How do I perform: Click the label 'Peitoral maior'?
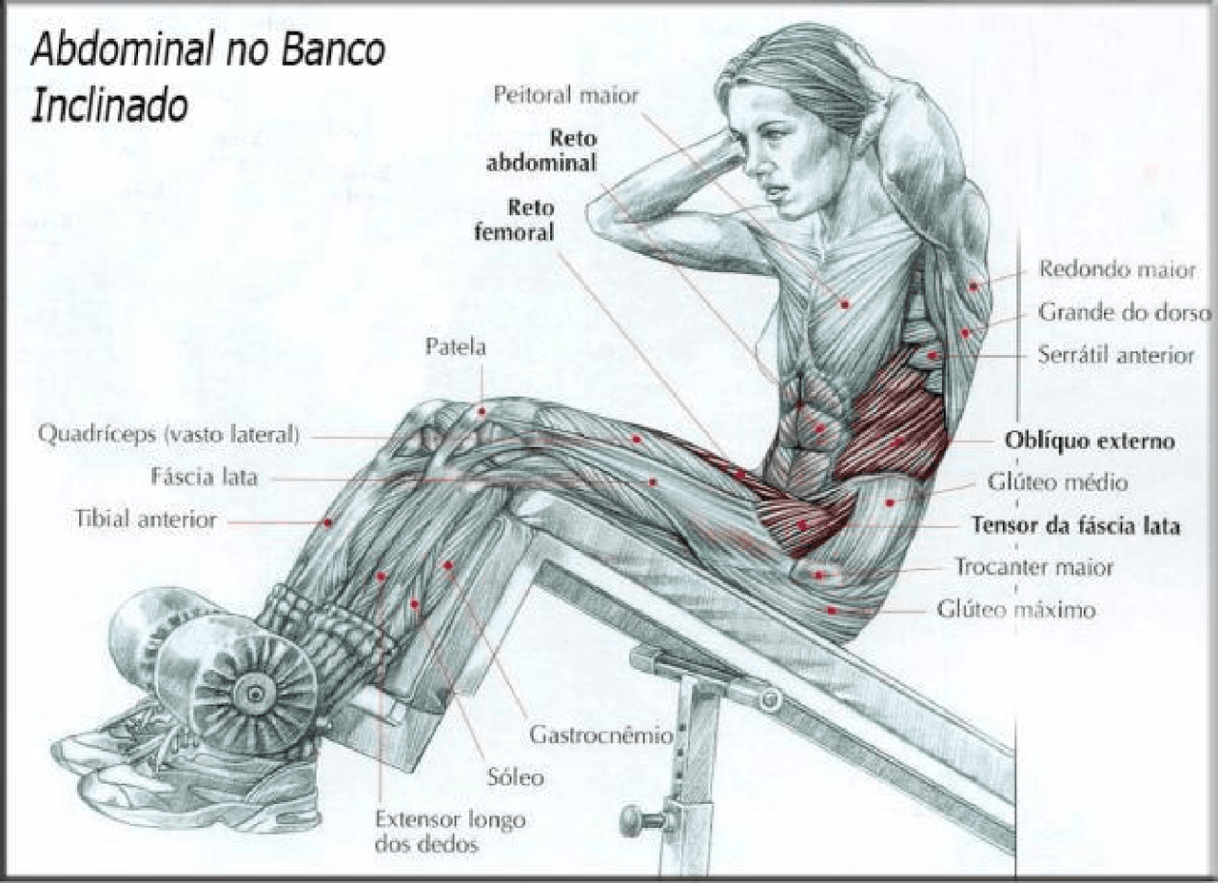pyautogui.click(x=566, y=96)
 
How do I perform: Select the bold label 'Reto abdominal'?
pyautogui.click(x=541, y=150)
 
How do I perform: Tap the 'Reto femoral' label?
pyautogui.click(x=515, y=220)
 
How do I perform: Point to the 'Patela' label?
pyautogui.click(x=455, y=347)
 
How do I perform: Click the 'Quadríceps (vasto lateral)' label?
pyautogui.click(x=169, y=435)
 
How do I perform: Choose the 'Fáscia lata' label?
pyautogui.click(x=204, y=478)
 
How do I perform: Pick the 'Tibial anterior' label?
pyautogui.click(x=146, y=520)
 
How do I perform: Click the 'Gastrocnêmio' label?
pyautogui.click(x=601, y=736)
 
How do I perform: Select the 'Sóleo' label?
pyautogui.click(x=516, y=777)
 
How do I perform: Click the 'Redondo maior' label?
pyautogui.click(x=1117, y=269)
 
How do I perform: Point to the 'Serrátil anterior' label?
pyautogui.click(x=1116, y=355)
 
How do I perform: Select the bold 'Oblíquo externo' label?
pyautogui.click(x=1090, y=441)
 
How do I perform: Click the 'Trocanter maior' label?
pyautogui.click(x=1034, y=567)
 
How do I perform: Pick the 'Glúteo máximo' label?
pyautogui.click(x=1015, y=610)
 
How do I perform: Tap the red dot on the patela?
pyautogui.click(x=481, y=412)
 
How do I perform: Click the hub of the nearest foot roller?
pyautogui.click(x=254, y=694)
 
